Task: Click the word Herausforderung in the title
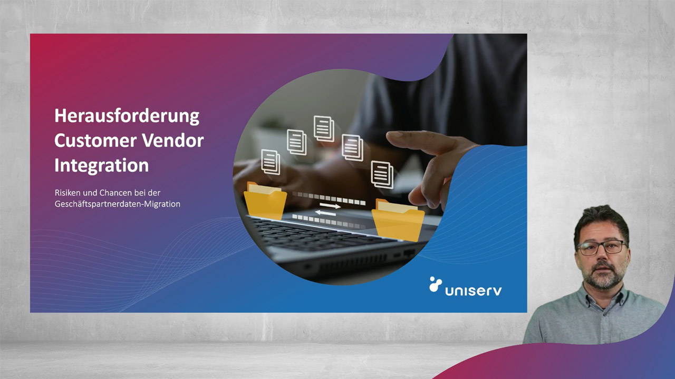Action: (127, 116)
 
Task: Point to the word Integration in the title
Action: (101, 165)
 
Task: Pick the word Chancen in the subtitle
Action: (115, 193)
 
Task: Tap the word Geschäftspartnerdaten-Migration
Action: (117, 204)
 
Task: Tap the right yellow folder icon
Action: (398, 220)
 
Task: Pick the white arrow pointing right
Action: (331, 206)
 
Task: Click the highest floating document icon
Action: (324, 128)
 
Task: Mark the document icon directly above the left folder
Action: (271, 162)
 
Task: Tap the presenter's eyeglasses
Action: (601, 247)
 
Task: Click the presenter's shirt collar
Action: (601, 295)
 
